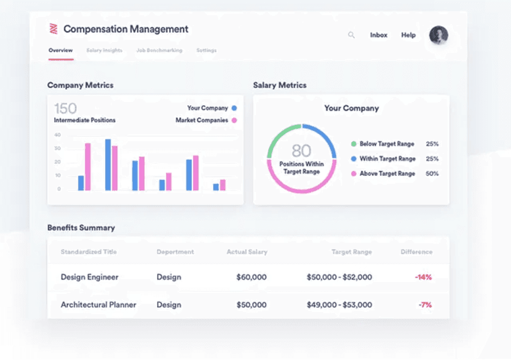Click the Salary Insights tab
click(104, 51)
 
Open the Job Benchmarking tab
click(159, 51)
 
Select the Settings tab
click(206, 51)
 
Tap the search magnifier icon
click(352, 35)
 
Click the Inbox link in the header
click(378, 35)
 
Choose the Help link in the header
click(408, 35)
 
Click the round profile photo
click(438, 35)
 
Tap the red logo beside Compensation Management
click(54, 29)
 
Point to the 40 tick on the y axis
click(57, 135)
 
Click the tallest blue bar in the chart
click(108, 165)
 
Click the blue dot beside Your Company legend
click(234, 108)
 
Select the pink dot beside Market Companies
click(234, 120)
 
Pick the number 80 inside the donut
click(301, 151)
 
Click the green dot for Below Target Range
click(354, 144)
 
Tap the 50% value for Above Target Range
click(432, 173)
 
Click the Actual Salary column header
click(247, 252)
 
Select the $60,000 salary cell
click(251, 277)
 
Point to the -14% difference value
click(423, 277)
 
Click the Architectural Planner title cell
click(98, 305)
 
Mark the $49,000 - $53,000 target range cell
click(339, 305)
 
